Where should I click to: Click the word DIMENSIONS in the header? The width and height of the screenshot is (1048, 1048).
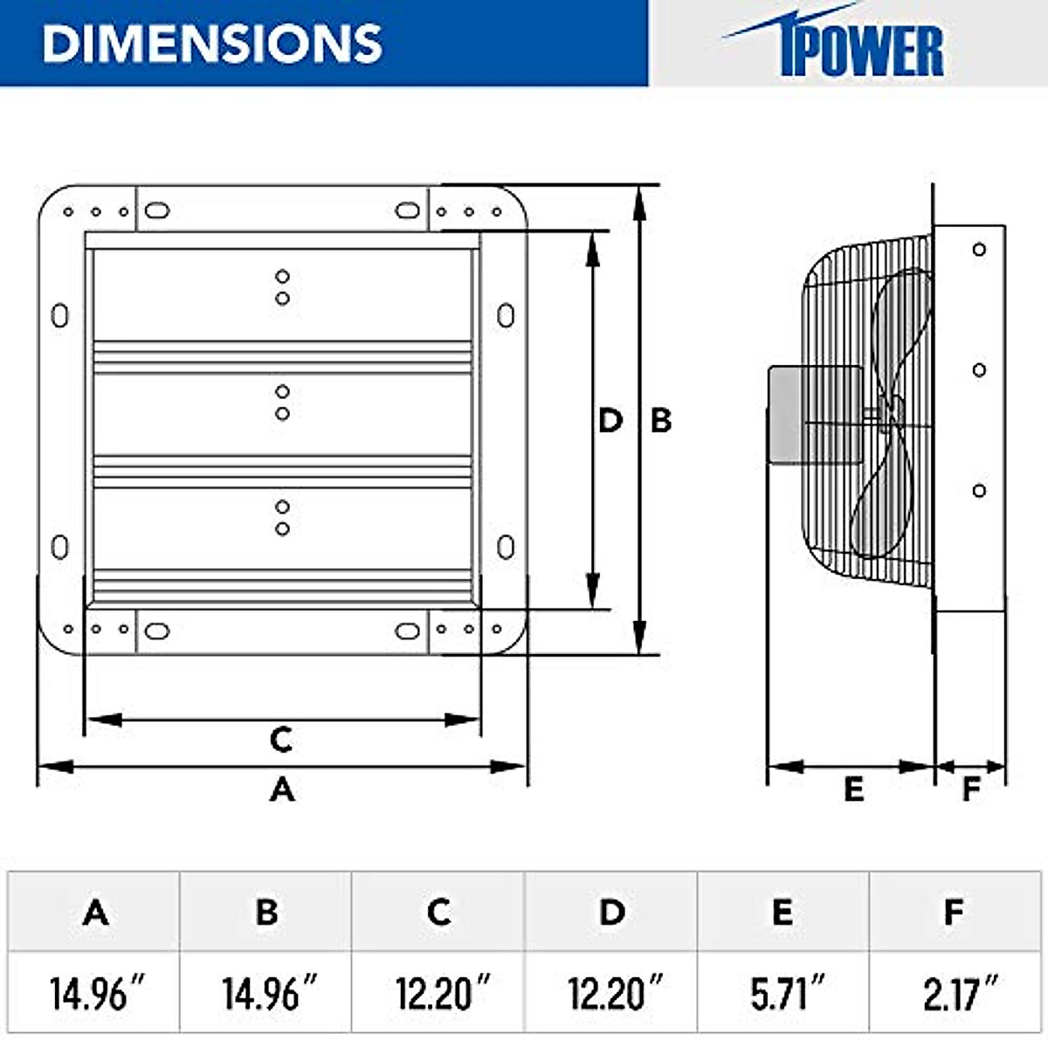pos(212,43)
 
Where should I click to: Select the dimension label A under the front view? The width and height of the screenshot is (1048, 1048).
pos(281,789)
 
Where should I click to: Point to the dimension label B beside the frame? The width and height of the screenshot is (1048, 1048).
pos(661,420)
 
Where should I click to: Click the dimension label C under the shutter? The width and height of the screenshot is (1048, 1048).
pos(280,740)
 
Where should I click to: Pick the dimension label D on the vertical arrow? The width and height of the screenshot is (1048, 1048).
pos(610,420)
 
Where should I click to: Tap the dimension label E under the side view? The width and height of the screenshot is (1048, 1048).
pos(853,789)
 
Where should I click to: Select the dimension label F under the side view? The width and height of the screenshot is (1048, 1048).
pos(971,789)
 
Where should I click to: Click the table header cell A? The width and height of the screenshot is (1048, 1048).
pos(95,912)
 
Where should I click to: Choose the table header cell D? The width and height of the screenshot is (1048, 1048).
pos(611,912)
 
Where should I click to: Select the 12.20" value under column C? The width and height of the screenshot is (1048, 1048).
pos(441,994)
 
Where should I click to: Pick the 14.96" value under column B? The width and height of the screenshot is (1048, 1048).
pos(268,994)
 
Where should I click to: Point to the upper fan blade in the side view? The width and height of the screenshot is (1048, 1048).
pos(904,332)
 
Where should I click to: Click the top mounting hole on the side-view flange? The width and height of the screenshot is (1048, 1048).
pos(979,250)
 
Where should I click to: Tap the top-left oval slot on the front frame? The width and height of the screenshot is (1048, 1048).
pos(156,210)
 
